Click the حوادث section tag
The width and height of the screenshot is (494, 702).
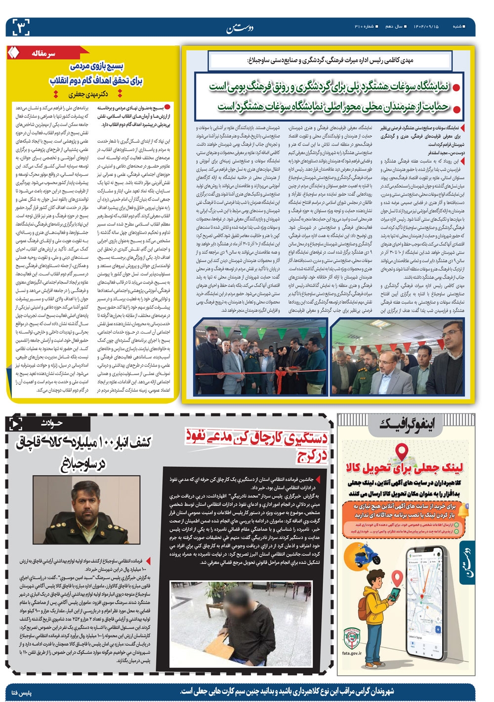point(51,423)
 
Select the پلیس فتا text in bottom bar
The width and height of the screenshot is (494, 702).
point(21,693)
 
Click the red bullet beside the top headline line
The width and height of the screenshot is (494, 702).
point(457,87)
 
